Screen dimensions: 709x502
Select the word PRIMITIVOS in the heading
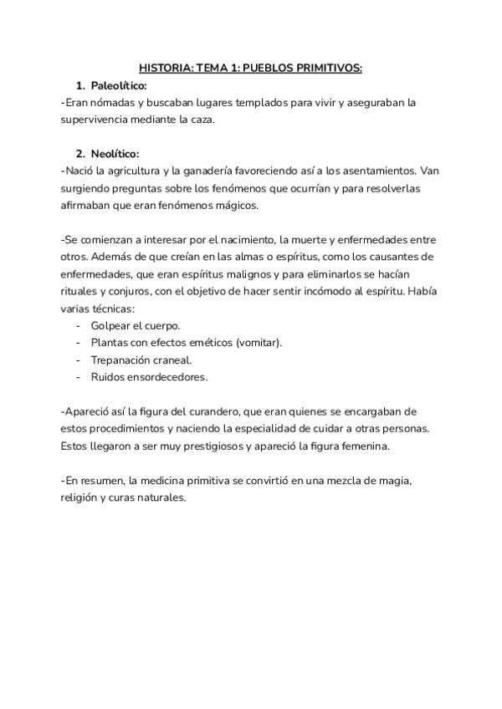[x=329, y=69]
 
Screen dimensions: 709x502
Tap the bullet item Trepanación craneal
[x=141, y=360]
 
